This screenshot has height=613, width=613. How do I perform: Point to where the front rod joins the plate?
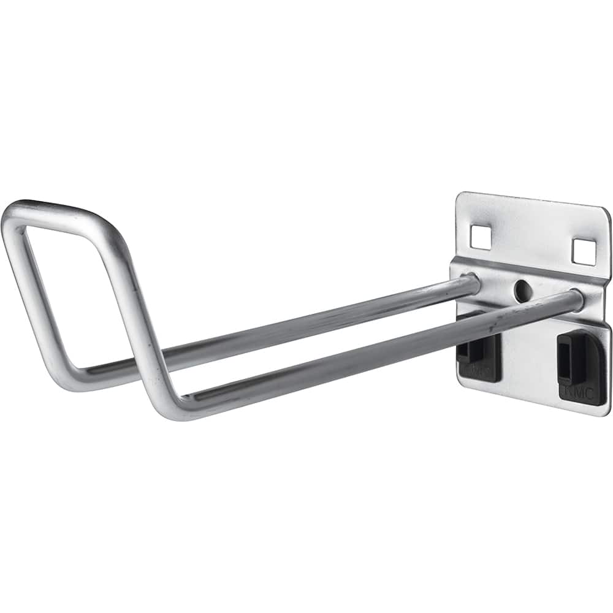point(574,299)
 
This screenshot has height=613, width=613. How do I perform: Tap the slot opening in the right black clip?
point(568,362)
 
